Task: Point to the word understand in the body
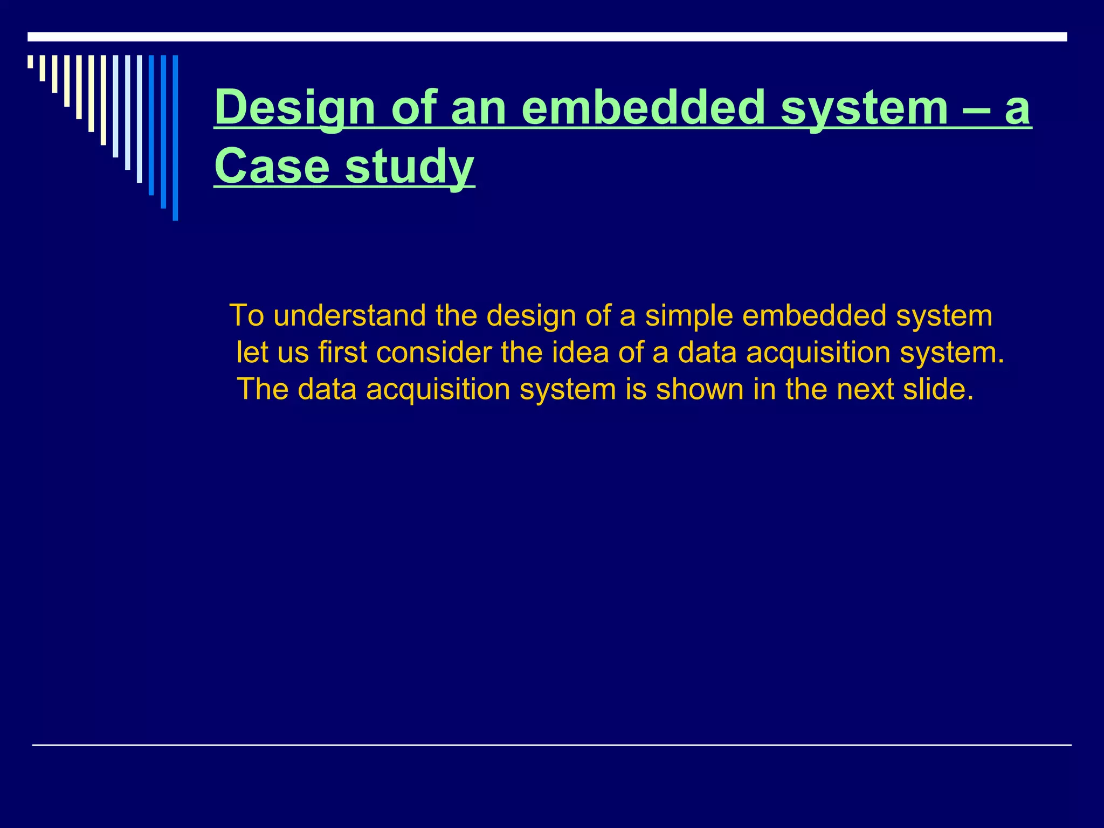coord(349,315)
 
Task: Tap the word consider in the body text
coord(433,353)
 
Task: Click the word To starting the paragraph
coord(246,315)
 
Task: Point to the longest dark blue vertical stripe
coord(175,137)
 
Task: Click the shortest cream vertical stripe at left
coord(30,61)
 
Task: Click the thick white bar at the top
coord(547,37)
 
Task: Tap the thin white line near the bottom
coord(551,745)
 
